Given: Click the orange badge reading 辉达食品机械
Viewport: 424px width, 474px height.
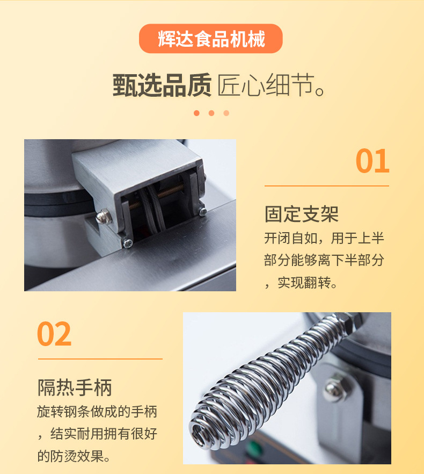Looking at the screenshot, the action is click(210, 39).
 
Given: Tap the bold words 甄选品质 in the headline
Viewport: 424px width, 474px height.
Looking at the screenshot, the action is click(162, 85).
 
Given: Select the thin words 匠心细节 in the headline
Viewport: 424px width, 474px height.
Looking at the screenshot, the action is click(266, 85).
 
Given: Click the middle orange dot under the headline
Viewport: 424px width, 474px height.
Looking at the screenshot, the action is click(211, 113).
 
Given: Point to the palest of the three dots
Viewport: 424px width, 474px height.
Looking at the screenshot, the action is click(226, 113).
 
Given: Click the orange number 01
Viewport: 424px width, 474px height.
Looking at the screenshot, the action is click(372, 161).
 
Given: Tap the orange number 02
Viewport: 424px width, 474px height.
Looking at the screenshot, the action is click(54, 334).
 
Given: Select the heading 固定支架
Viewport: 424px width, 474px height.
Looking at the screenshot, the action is click(302, 214).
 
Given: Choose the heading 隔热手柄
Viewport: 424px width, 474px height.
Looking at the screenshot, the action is click(75, 387).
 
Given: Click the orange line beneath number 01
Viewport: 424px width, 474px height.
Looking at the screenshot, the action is click(327, 186).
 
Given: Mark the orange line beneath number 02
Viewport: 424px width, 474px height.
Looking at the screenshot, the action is click(100, 359).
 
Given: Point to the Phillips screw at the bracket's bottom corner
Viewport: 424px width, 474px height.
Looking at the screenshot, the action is click(128, 243).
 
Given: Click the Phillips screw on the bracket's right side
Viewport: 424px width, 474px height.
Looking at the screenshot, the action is click(203, 212).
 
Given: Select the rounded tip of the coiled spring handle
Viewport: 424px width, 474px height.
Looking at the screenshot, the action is click(199, 432).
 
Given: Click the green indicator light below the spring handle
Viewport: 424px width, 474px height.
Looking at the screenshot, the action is click(254, 447).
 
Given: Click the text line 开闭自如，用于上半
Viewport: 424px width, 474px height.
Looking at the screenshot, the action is click(324, 238).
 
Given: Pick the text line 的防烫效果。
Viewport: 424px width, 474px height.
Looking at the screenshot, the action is click(74, 456).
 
